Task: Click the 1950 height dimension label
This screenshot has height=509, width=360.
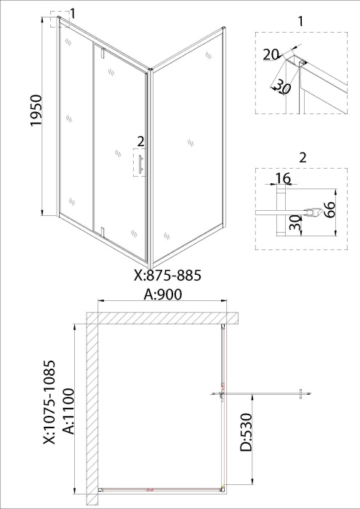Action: [36, 111]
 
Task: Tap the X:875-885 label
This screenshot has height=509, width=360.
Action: [167, 276]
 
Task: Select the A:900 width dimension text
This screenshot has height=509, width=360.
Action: [163, 294]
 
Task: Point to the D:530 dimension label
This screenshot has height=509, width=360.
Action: [247, 432]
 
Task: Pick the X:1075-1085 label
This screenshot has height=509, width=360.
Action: [50, 402]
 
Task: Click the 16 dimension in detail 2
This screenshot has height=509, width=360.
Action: [283, 178]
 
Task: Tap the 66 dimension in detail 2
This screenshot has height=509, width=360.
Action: [329, 210]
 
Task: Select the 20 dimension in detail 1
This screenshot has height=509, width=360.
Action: [271, 55]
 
